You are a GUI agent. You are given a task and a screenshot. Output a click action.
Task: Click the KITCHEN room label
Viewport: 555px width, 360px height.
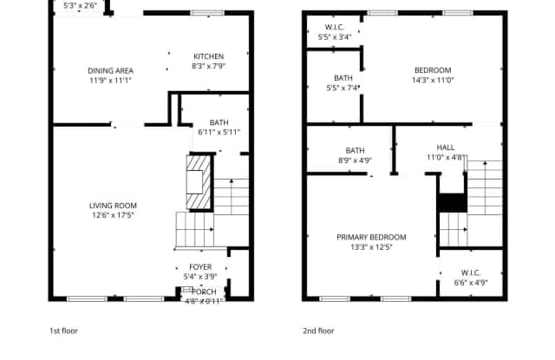[208, 56]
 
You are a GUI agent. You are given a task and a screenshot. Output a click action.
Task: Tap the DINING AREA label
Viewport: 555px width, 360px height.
[110, 70]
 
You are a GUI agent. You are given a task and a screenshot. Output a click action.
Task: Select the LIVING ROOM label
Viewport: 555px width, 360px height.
[113, 206]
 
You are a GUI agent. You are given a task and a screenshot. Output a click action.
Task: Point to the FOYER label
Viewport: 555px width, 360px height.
[200, 267]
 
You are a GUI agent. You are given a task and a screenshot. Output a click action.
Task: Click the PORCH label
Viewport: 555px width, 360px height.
[205, 291]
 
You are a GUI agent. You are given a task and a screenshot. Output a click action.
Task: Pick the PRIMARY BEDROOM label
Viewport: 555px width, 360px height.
[372, 237]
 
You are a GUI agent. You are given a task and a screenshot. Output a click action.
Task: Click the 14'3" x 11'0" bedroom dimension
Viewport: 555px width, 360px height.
[433, 80]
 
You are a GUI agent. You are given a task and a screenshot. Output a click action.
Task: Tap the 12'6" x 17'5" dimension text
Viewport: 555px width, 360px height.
[113, 215]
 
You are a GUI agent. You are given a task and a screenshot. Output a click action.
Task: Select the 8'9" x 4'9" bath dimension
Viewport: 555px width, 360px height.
[355, 160]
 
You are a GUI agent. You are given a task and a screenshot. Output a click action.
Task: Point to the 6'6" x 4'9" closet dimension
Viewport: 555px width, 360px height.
[471, 282]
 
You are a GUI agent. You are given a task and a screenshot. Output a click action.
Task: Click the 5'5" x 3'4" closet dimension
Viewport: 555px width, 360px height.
[335, 37]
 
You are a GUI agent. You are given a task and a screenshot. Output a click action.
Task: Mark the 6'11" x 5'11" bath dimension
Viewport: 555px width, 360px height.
[219, 132]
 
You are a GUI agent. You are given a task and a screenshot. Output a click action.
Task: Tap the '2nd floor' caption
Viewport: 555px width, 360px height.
[318, 331]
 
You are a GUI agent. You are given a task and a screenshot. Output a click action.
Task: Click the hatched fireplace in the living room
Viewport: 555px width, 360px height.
[199, 181]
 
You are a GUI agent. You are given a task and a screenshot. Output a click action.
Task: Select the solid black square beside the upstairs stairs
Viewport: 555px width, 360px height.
[452, 202]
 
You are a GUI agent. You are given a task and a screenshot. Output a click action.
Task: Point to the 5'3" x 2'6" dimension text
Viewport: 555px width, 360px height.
[81, 4]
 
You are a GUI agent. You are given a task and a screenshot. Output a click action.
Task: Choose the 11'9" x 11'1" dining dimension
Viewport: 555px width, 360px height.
[110, 80]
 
